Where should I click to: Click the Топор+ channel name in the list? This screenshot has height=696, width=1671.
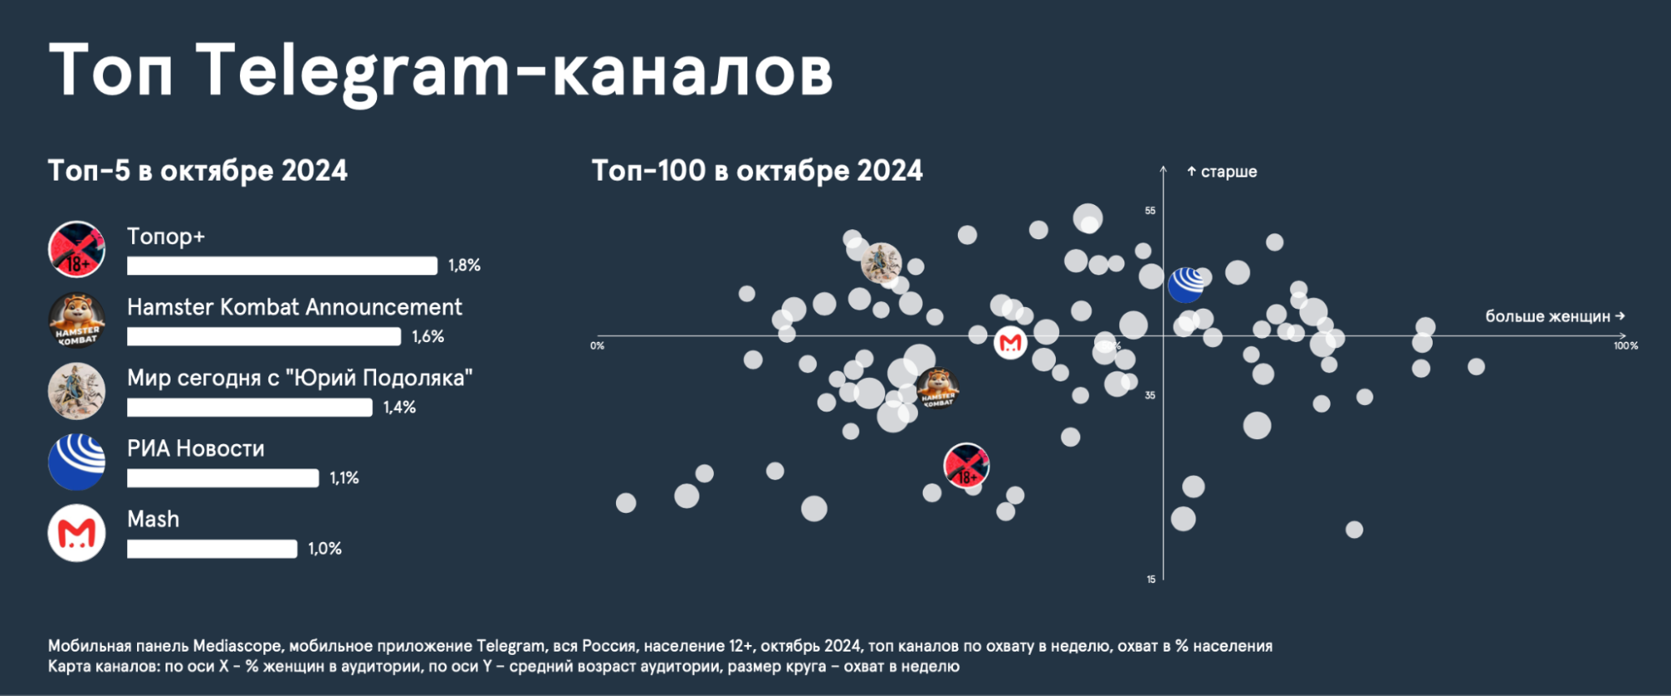point(166,237)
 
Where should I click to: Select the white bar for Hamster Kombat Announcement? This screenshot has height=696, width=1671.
point(263,336)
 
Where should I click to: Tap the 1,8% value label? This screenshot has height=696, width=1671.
point(464,265)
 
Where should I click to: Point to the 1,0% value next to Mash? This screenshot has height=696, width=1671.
point(324,549)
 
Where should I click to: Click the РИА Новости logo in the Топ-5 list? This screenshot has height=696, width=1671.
point(77,462)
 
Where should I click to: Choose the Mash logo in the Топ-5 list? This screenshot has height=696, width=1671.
point(77,533)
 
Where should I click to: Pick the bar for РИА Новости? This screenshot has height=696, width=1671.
point(222,478)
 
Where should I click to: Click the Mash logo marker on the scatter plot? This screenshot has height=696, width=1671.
point(1010,343)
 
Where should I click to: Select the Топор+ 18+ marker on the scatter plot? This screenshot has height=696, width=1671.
point(966,466)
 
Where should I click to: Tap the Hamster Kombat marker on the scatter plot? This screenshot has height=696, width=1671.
point(937,388)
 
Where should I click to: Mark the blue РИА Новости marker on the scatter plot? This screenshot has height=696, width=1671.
point(1185,285)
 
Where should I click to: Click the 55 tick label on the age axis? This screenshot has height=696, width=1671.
point(1150,211)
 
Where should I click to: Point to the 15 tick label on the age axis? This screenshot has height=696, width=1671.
point(1151,579)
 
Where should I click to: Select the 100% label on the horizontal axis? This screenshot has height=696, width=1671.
point(1625,346)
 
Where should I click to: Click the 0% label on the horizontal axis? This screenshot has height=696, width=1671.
point(597,346)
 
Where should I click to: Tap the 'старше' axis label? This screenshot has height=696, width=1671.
point(1228,171)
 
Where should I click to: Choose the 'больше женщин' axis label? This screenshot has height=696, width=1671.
point(1547,316)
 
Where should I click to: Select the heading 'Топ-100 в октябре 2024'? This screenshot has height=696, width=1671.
point(757,171)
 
